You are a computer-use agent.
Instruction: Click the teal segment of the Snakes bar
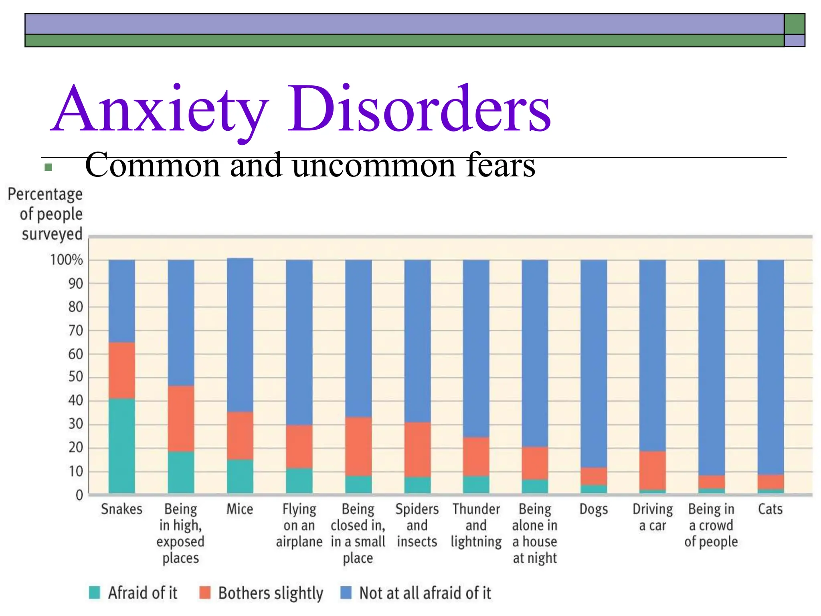pyautogui.click(x=122, y=445)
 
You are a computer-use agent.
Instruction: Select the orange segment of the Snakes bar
pyautogui.click(x=122, y=370)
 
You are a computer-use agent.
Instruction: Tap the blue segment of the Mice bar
pyautogui.click(x=240, y=335)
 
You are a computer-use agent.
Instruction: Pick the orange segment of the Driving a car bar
pyautogui.click(x=652, y=470)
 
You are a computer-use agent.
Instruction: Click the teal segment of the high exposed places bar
pyautogui.click(x=181, y=472)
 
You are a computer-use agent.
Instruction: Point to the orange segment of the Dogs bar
pyautogui.click(x=593, y=476)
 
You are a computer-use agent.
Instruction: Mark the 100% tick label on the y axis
pyautogui.click(x=67, y=260)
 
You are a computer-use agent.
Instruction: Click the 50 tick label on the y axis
pyautogui.click(x=75, y=377)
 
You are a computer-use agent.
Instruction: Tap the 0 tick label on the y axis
pyautogui.click(x=79, y=495)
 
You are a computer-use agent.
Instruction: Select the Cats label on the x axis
pyautogui.click(x=770, y=509)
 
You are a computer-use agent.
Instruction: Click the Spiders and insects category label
pyautogui.click(x=417, y=525)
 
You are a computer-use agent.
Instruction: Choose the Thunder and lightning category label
pyautogui.click(x=476, y=525)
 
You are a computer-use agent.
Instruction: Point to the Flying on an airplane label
pyautogui.click(x=299, y=525)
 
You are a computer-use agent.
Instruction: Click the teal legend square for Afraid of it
pyautogui.click(x=95, y=592)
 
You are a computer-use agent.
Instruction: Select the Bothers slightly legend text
pyautogui.click(x=271, y=593)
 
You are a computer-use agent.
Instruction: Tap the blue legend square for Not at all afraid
pyautogui.click(x=346, y=592)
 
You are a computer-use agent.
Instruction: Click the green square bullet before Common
pyautogui.click(x=49, y=167)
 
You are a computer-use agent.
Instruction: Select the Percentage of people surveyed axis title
pyautogui.click(x=45, y=214)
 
